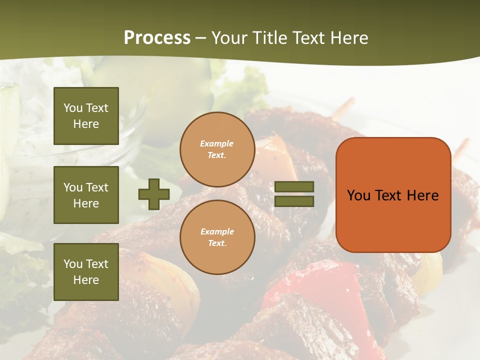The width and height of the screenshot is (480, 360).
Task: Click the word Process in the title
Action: coord(157,38)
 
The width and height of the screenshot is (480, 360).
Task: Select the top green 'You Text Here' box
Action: coord(86,116)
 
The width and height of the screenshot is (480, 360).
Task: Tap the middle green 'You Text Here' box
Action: coord(86,195)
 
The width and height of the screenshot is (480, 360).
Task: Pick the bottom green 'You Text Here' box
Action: coord(86,271)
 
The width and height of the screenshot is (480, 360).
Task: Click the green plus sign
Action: coord(154,194)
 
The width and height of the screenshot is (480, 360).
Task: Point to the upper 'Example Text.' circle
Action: coord(217,149)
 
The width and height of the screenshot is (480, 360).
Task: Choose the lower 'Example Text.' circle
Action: coord(217,237)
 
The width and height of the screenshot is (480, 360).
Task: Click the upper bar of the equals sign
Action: coord(294,187)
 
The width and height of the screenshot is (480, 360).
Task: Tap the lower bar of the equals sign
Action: coord(294,201)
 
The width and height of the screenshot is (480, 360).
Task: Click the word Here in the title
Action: coord(348,38)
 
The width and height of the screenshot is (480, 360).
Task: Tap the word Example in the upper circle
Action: coord(216,143)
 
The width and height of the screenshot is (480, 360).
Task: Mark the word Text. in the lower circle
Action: coord(217,243)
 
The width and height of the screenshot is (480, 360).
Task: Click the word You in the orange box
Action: coord(358,195)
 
